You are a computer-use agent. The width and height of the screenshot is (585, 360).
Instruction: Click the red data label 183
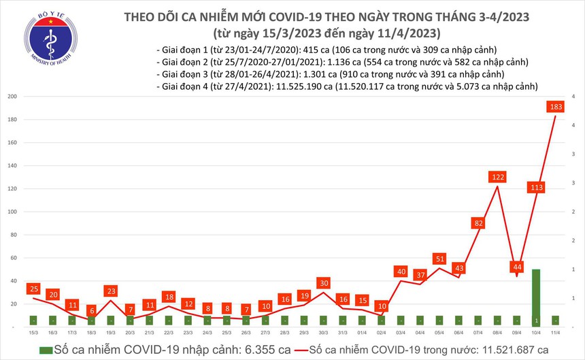click(556, 107)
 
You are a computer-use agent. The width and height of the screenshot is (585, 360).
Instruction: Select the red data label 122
click(497, 178)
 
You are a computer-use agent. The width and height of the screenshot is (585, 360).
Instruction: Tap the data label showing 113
click(537, 188)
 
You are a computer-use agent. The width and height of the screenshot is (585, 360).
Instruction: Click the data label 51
click(439, 259)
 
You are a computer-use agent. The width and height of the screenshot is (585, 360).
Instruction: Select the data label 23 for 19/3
click(110, 291)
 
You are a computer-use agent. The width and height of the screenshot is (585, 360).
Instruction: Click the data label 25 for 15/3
click(33, 289)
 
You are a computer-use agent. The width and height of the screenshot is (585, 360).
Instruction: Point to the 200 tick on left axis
click(12, 97)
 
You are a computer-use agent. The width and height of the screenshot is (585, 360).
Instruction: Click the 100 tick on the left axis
click(12, 212)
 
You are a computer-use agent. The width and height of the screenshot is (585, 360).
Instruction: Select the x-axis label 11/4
click(556, 332)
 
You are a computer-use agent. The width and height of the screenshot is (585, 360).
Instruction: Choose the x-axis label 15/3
click(33, 332)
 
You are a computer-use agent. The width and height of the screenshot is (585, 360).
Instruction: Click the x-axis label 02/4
click(382, 332)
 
